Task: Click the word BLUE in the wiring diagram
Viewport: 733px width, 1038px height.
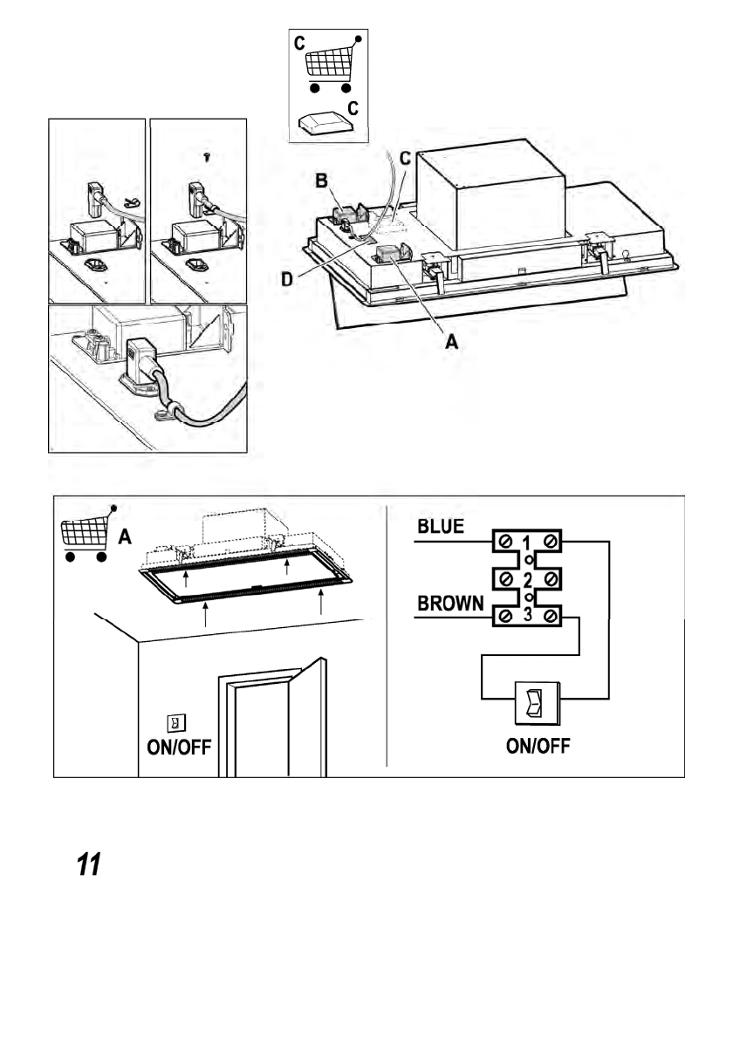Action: [x=441, y=527]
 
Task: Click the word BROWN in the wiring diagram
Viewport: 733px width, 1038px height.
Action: [x=450, y=604]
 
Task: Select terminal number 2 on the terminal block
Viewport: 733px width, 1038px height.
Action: [x=528, y=581]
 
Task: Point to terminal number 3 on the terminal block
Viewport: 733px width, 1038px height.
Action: [x=528, y=615]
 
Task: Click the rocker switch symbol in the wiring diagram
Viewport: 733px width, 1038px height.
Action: [x=537, y=703]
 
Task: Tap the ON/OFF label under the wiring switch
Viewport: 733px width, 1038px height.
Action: [x=538, y=746]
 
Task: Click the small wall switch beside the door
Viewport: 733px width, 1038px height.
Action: [x=176, y=723]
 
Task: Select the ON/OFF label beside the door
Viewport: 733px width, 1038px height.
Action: [x=179, y=748]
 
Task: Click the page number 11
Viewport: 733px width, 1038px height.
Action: [x=89, y=864]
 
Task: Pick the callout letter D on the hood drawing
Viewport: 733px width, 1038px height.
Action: [x=287, y=279]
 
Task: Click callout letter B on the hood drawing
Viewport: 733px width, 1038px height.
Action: [x=321, y=180]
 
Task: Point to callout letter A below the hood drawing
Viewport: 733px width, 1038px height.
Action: [x=452, y=341]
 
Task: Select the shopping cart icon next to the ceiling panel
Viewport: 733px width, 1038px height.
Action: [x=86, y=534]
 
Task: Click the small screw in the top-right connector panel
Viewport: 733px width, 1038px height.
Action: [x=208, y=158]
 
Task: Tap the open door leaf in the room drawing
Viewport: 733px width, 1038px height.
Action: [x=307, y=717]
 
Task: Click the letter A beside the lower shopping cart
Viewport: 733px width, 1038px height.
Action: [x=125, y=536]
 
